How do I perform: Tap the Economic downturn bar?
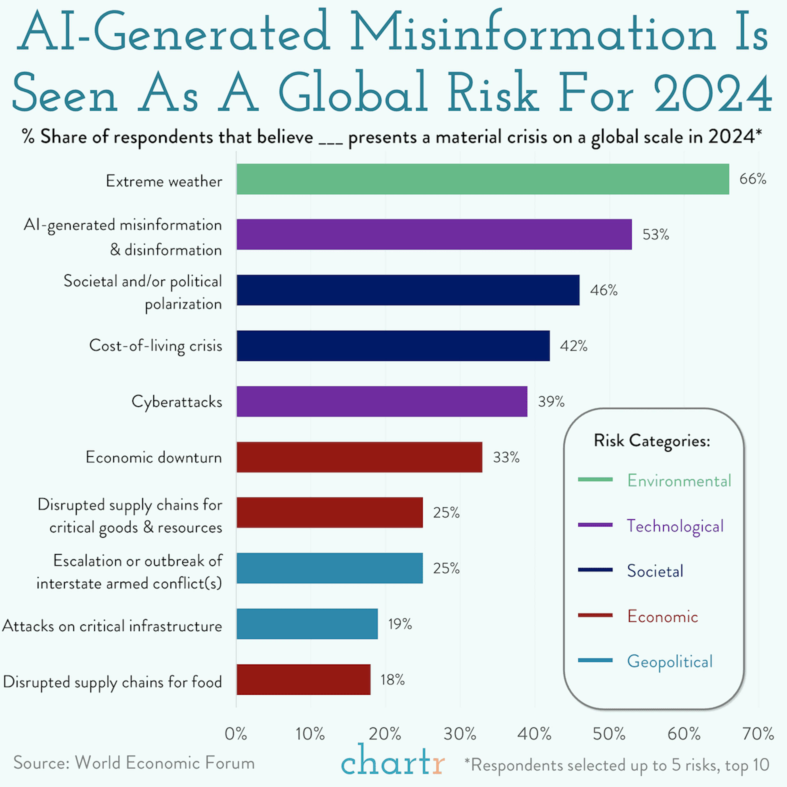pyautogui.click(x=359, y=457)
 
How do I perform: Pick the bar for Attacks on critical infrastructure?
pyautogui.click(x=307, y=624)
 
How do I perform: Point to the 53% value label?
pyautogui.click(x=655, y=235)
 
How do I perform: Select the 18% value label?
pyautogui.click(x=392, y=679)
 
